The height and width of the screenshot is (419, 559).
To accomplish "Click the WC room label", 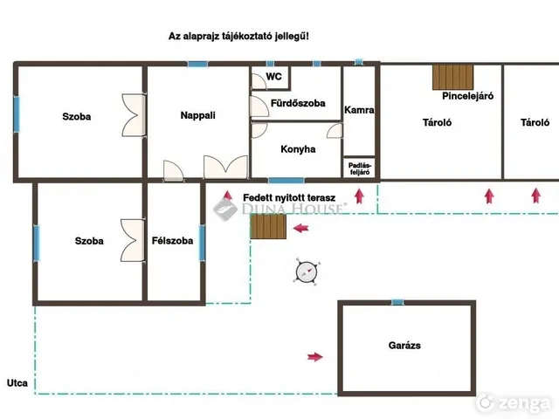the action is (x=273, y=77).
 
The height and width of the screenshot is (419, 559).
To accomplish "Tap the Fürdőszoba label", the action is (x=298, y=103).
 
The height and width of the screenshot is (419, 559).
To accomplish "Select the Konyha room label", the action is (x=298, y=149).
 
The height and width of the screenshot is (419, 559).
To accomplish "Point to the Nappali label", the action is (x=198, y=115).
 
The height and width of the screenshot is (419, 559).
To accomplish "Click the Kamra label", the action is (x=359, y=110).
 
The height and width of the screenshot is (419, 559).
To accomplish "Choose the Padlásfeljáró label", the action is (x=360, y=168).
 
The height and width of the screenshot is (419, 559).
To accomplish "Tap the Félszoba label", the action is (x=173, y=241).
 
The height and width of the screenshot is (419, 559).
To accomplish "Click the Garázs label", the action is (x=404, y=346).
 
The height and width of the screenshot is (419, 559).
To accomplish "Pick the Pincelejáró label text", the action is (x=468, y=96).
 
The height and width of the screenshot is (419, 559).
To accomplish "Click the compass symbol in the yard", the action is (x=307, y=272).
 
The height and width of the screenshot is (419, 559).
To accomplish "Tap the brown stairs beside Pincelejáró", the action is (x=452, y=77).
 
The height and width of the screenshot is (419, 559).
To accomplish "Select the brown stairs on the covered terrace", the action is (x=268, y=227).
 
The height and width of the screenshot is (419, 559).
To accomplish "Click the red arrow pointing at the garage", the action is (x=315, y=357).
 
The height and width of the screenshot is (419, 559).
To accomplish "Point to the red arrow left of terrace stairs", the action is (x=300, y=228).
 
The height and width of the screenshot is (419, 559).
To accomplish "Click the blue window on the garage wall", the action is (x=398, y=303).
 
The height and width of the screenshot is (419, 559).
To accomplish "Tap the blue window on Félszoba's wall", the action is (x=202, y=243).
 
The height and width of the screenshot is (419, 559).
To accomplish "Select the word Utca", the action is (x=17, y=383).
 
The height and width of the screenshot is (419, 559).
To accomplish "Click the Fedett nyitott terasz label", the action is (x=289, y=198).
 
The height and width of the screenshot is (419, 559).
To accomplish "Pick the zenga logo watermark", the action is (x=514, y=402).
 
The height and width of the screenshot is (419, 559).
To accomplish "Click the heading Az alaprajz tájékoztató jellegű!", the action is (x=238, y=37).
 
